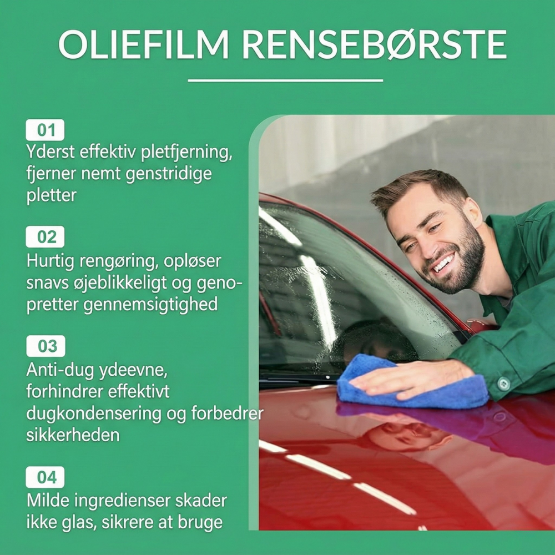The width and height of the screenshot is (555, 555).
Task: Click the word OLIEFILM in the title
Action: [x=144, y=44]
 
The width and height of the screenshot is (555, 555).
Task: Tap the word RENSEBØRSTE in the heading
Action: [x=375, y=44]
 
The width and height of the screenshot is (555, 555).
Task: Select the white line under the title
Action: [x=285, y=80]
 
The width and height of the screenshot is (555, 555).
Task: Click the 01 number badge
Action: [x=46, y=130]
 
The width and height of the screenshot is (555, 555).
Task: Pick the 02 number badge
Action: [x=46, y=237]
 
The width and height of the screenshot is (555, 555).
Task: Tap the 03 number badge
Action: [x=46, y=346]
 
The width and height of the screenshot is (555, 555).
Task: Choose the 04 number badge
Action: [x=46, y=477]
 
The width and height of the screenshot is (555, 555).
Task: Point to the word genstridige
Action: [x=169, y=174]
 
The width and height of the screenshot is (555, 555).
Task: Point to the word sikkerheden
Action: [x=73, y=435]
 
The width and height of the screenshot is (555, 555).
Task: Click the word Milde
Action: [x=48, y=501]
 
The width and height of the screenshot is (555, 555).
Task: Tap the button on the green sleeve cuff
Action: [x=504, y=384]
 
